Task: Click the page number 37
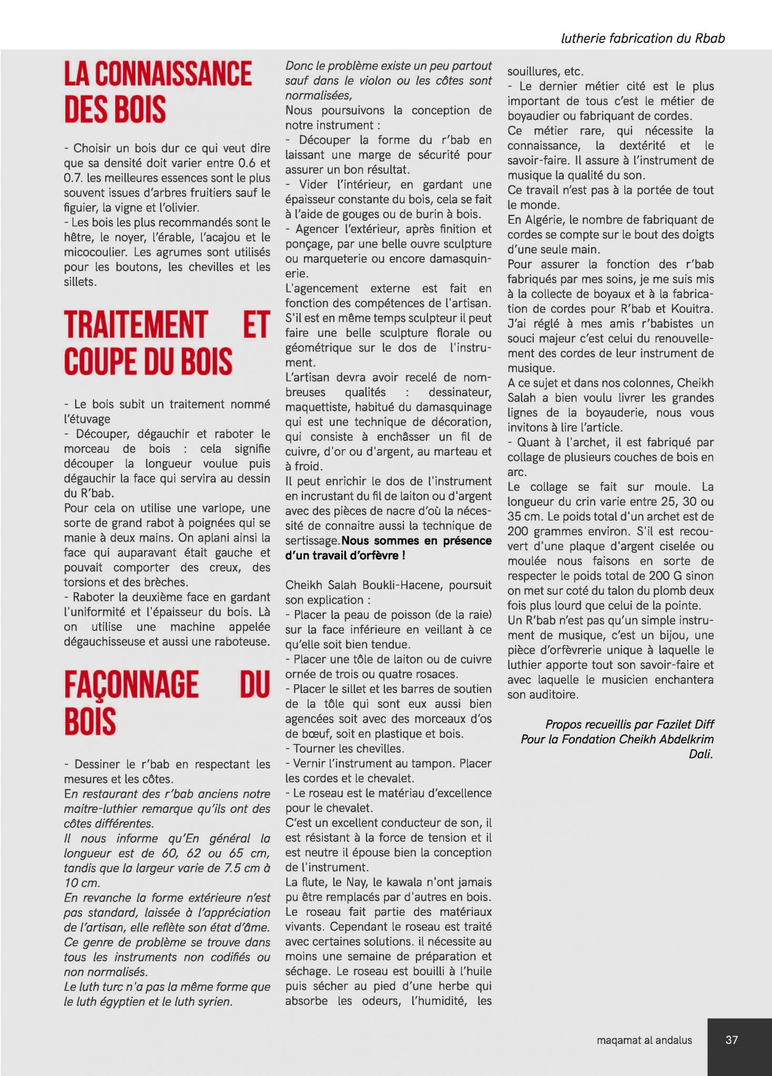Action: coord(731,1039)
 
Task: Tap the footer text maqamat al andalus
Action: coord(644,1040)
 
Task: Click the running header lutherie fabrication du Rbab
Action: coord(643,38)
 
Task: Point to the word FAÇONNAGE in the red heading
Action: coord(131,685)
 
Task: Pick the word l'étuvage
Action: coord(87,419)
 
